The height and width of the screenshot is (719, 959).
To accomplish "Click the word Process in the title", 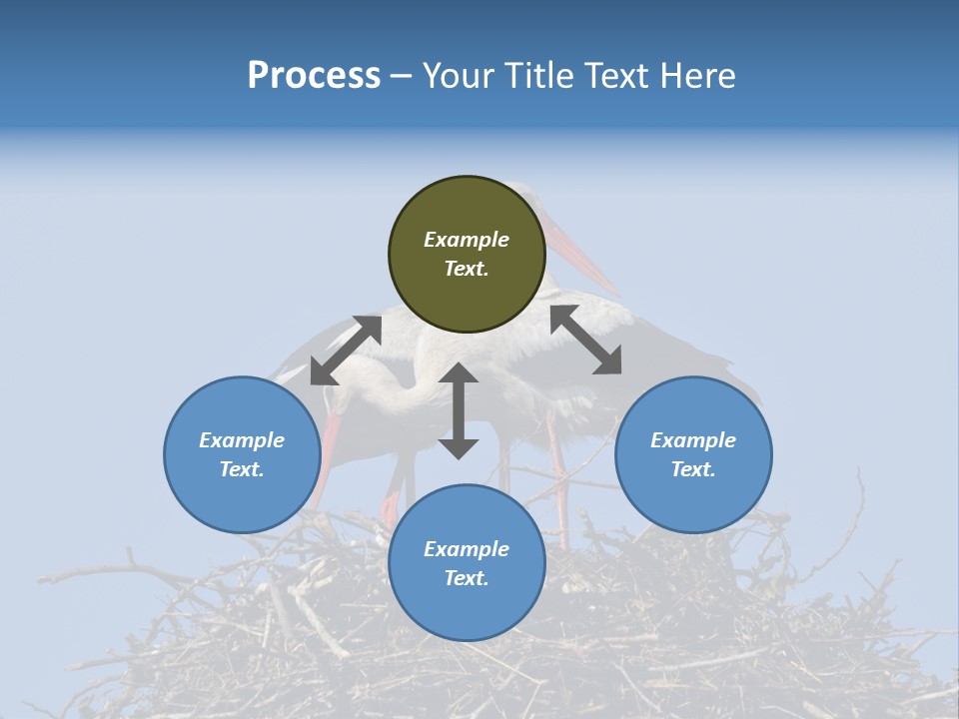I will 314,76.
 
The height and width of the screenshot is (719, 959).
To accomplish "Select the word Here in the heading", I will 697,76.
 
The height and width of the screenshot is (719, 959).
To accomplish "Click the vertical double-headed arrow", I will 459,410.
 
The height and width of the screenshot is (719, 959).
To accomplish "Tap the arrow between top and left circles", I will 346,351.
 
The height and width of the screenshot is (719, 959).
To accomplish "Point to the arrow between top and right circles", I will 586,340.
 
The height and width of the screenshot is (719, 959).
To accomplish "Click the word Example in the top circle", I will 467,240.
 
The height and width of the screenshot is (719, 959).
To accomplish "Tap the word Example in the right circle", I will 693,440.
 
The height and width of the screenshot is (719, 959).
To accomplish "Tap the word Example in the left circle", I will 242,440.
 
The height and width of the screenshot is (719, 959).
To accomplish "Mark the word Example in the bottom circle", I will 467,549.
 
